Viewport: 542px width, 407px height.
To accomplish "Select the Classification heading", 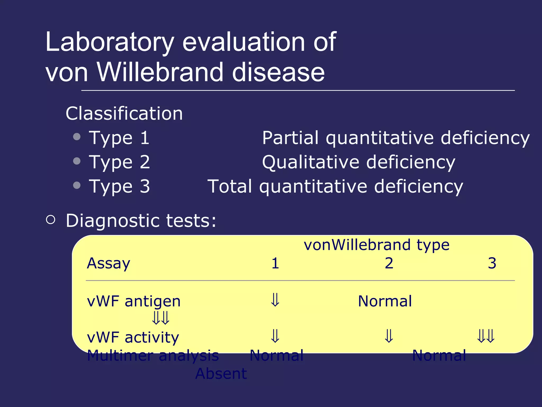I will [x=124, y=114].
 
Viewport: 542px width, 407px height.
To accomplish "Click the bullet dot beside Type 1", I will [x=77, y=137].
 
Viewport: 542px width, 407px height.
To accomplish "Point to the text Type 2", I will [x=119, y=162].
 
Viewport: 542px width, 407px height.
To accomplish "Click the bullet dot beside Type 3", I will [x=77, y=185].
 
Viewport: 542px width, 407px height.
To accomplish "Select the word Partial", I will [x=290, y=138].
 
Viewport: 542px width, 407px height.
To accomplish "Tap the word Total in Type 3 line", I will [x=230, y=186].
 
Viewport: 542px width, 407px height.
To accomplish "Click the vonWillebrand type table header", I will [x=376, y=245].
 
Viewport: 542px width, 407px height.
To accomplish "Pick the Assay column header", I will [x=109, y=263].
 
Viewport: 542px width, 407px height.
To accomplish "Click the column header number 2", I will [x=389, y=263].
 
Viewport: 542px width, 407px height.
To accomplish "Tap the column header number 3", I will [x=492, y=263].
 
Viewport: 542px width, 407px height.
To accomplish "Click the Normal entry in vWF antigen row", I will [x=385, y=301].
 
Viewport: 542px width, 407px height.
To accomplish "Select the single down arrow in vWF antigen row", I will [x=275, y=300].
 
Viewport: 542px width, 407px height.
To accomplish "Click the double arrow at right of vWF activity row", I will [x=486, y=336].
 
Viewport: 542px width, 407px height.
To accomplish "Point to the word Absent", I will [x=221, y=374].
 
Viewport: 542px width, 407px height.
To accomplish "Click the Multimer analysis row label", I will [x=153, y=356].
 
